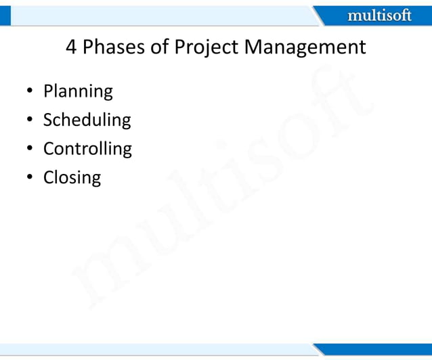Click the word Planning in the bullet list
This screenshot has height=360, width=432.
point(78,91)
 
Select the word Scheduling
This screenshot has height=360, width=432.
point(87,120)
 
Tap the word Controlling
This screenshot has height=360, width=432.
point(87,149)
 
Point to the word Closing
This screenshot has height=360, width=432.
point(72,178)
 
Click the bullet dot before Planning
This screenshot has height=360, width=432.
point(30,92)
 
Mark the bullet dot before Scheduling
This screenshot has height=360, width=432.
point(30,120)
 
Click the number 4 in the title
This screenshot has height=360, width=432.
point(71,47)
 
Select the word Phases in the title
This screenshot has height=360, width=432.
point(116,47)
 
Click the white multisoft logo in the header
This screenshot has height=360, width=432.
point(379,15)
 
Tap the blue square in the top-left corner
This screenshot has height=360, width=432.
point(5,15)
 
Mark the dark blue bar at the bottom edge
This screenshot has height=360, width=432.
point(379,348)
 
